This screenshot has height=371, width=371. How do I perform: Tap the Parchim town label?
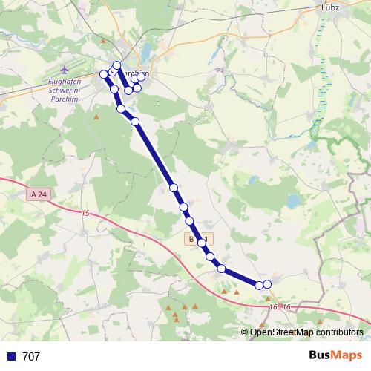coord(139,74)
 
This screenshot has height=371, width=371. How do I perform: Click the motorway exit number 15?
coord(85,214)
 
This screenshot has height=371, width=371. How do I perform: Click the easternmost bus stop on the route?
coord(267,284)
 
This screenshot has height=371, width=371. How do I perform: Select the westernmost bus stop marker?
coord(104,74)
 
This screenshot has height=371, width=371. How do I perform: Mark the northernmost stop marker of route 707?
coord(116,65)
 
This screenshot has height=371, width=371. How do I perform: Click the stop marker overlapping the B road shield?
coord(201,243)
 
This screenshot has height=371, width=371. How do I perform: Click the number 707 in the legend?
coord(31,357)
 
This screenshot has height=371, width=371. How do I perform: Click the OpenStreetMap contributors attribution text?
coord(306,332)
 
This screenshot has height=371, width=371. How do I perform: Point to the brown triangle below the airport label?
coord(96,117)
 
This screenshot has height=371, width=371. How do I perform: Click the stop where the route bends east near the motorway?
coord(221,268)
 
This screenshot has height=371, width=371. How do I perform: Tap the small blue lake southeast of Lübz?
coord(293,200)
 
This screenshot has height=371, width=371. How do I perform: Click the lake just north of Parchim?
coord(146,52)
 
